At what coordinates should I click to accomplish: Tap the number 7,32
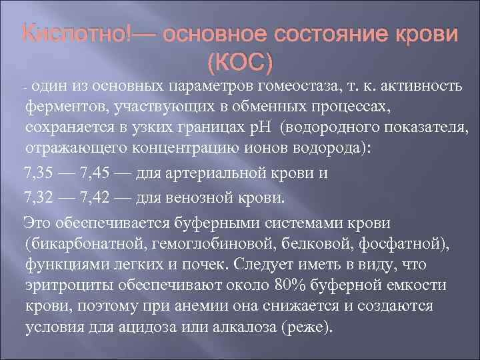tap(41, 197)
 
